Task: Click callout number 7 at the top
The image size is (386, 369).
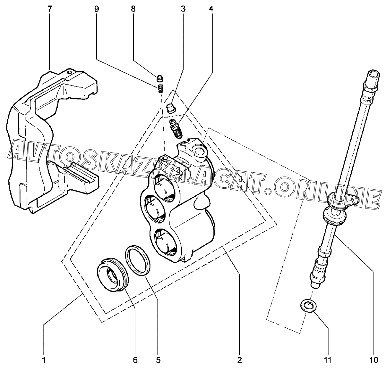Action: (49, 9)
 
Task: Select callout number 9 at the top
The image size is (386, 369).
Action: (97, 9)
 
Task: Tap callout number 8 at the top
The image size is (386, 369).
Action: (133, 9)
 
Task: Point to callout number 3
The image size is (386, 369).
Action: (183, 9)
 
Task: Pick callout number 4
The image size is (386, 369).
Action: (211, 9)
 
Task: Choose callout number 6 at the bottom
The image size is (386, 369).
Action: (135, 360)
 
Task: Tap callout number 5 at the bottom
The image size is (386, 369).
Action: (158, 360)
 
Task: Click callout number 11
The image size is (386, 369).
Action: (327, 360)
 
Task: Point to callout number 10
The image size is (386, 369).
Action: (373, 360)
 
